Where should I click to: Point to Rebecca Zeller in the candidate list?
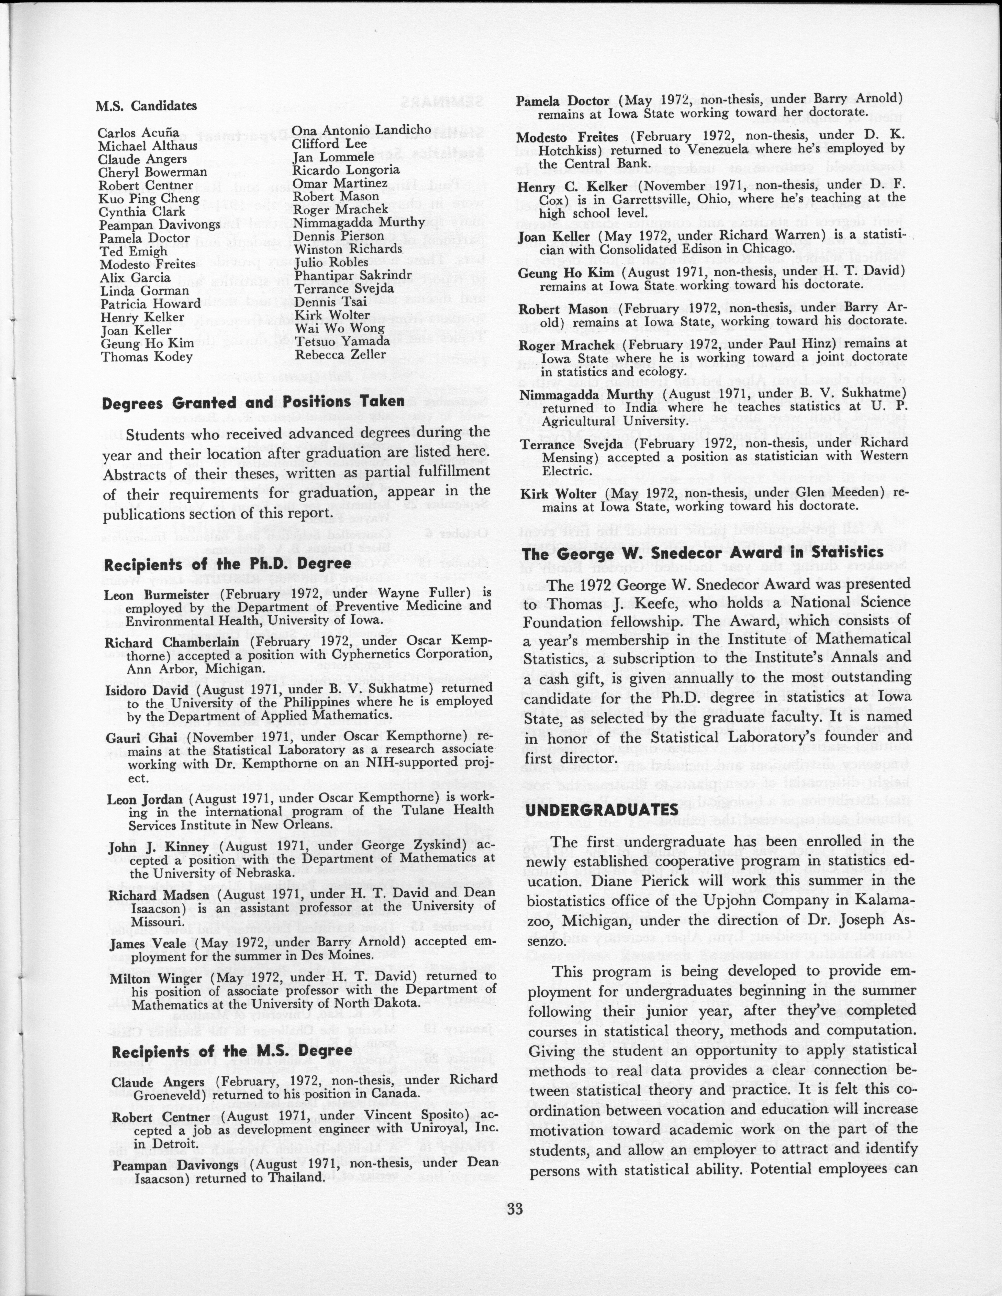coord(332,354)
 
